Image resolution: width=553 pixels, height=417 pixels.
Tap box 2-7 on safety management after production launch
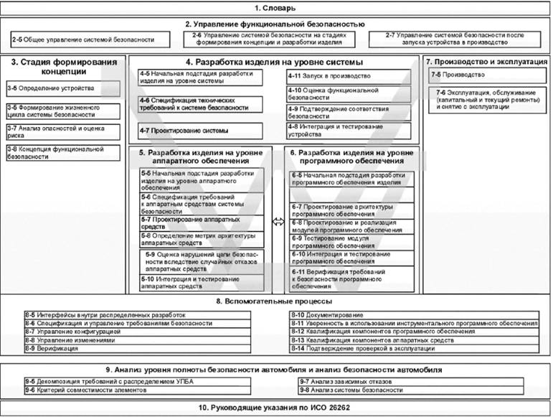coord(460,39)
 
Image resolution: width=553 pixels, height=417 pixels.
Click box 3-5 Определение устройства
coord(62,88)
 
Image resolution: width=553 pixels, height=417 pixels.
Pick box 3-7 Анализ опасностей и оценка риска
coord(62,131)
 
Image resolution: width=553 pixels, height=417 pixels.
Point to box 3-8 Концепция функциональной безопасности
coord(62,152)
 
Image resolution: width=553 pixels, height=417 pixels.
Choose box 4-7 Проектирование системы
coord(204,131)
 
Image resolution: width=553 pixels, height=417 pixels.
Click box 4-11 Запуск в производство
coord(349,76)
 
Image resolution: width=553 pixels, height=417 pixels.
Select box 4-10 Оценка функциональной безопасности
coord(349,94)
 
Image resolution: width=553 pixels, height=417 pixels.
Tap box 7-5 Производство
coord(486,75)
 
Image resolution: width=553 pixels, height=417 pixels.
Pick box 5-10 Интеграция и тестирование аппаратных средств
coord(202,282)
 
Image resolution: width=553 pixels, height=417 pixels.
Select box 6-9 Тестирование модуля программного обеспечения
coord(351,241)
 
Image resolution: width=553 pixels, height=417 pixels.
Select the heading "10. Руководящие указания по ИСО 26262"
coord(276,408)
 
